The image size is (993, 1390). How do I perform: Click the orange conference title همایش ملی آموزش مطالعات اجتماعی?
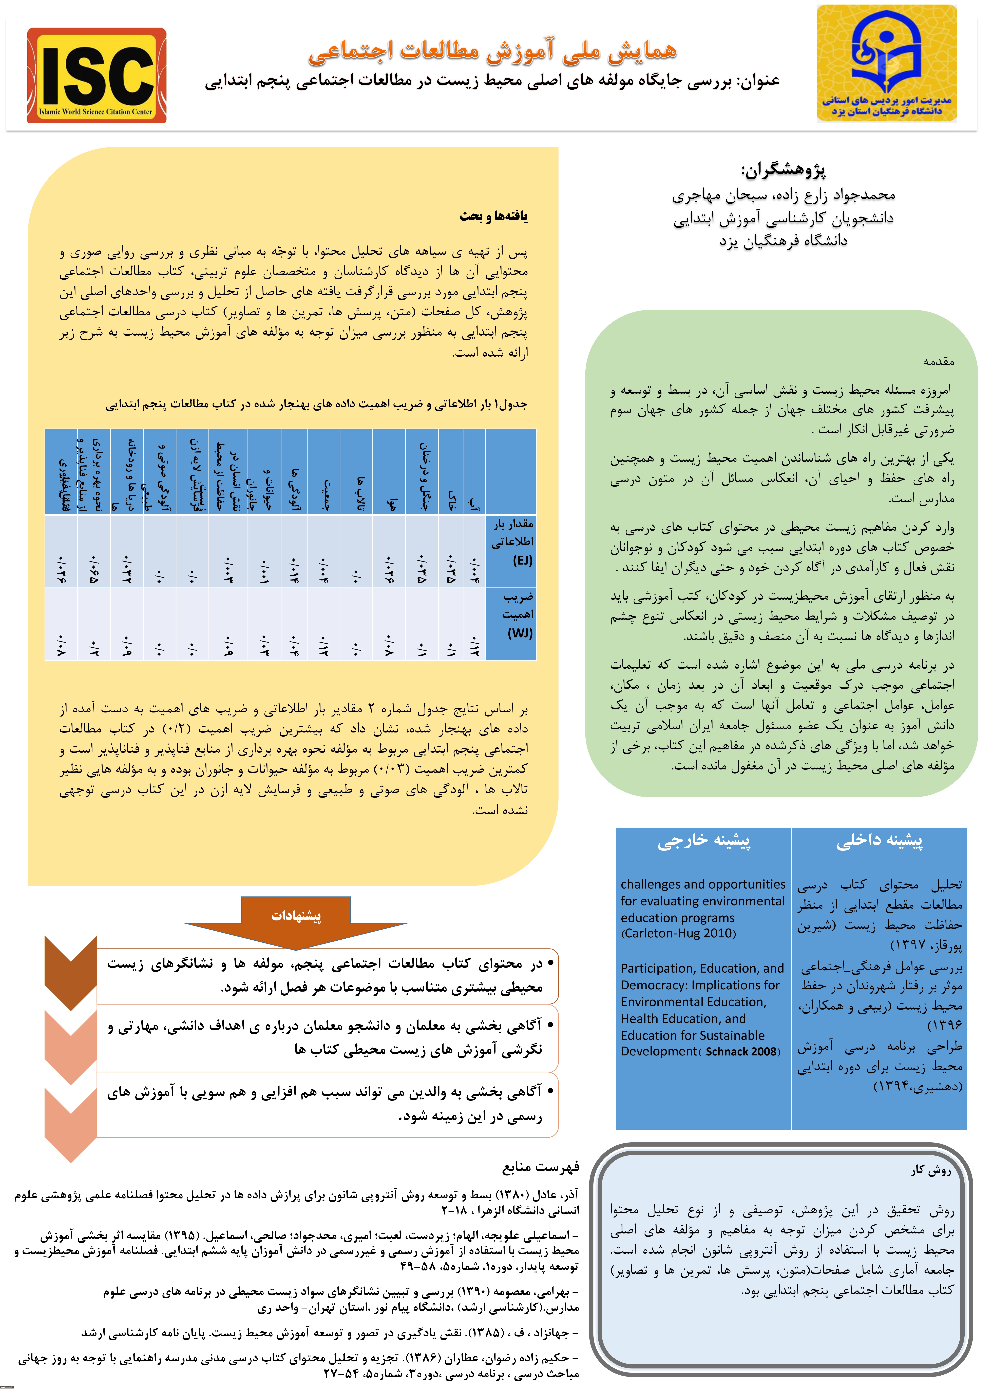[x=492, y=51]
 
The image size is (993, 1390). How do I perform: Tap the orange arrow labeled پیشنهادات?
[x=296, y=916]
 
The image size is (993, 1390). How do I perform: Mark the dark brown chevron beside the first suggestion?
[x=71, y=972]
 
